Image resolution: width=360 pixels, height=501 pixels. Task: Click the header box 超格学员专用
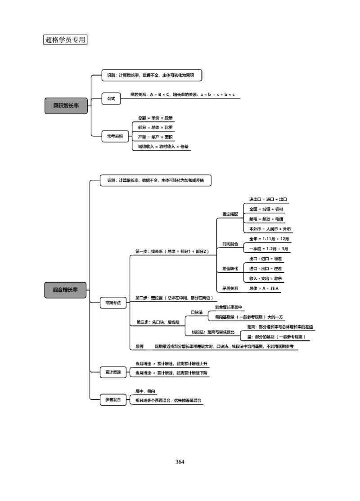coord(65,40)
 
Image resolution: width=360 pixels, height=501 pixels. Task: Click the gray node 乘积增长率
coord(66,105)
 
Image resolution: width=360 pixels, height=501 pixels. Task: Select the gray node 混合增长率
coord(66,290)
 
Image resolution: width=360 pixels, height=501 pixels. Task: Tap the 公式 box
coord(111,99)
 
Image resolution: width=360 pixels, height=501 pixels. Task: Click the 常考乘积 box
coord(115,136)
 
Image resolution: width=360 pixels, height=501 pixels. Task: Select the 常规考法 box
coord(112,304)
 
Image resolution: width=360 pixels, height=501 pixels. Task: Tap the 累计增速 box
coord(112,372)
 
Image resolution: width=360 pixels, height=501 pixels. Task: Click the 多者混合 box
coord(112,399)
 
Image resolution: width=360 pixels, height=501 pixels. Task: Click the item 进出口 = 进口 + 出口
coord(268,199)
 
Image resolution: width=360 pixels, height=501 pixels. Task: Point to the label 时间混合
coord(229,244)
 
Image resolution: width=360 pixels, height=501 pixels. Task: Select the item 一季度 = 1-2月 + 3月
coord(269,248)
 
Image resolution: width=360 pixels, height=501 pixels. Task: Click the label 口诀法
coord(197,312)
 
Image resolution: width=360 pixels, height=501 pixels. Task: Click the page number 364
coord(180,462)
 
